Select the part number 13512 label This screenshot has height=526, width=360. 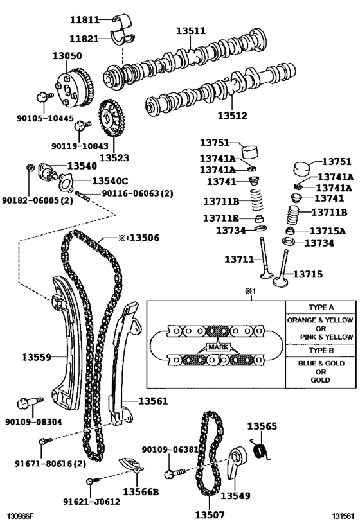point(231,116)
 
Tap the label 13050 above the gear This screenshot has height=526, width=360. point(67,57)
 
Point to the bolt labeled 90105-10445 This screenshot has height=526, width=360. point(44,98)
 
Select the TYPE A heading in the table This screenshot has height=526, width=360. point(320,308)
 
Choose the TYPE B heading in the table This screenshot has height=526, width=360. point(320,351)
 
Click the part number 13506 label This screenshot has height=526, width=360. point(143,238)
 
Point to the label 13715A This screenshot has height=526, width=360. point(327,231)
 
